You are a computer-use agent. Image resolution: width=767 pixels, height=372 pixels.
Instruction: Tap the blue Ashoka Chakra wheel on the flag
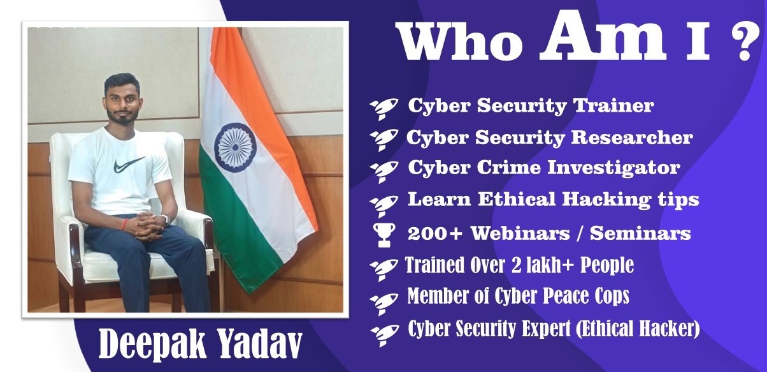point(235,148)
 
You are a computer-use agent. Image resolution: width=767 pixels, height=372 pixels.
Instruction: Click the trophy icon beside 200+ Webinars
point(384,235)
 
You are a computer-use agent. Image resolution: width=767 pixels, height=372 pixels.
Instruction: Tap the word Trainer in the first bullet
point(613,105)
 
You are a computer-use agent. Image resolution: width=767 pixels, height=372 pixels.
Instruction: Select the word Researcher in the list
point(632,137)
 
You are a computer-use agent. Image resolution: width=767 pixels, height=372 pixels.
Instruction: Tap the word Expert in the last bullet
point(546,329)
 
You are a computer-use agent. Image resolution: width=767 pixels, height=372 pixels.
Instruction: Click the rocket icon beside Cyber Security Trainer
point(384,108)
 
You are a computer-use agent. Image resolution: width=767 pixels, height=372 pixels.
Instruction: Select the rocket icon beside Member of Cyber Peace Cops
point(384,304)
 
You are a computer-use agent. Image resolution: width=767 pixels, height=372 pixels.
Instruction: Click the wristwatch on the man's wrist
point(166,219)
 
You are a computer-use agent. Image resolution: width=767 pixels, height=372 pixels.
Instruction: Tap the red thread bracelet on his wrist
point(125,224)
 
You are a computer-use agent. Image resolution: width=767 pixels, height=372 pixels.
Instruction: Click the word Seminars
point(640,234)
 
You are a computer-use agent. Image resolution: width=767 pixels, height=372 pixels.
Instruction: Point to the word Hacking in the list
point(606,200)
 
